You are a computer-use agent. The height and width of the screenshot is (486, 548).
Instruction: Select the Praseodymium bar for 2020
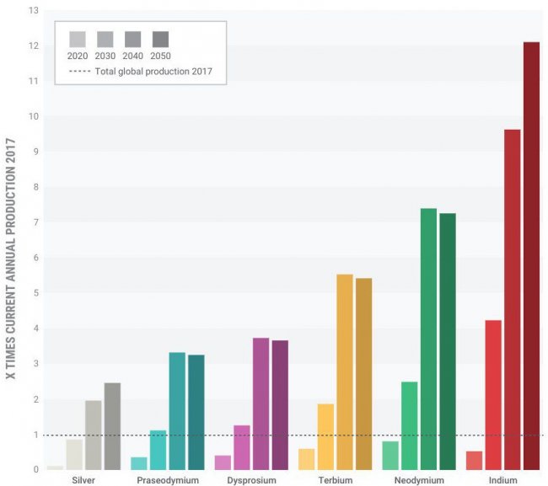[139, 463]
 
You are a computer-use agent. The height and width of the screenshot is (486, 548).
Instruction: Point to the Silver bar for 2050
[112, 426]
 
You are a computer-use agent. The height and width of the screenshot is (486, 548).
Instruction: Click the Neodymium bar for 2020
[390, 455]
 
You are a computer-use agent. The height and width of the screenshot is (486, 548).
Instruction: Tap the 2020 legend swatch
[77, 39]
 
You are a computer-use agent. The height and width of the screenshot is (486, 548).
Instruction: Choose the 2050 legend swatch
[160, 39]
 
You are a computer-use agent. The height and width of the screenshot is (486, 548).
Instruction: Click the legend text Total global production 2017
[153, 72]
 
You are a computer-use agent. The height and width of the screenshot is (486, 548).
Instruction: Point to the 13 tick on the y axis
[33, 11]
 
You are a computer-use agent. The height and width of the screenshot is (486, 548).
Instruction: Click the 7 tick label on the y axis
[35, 222]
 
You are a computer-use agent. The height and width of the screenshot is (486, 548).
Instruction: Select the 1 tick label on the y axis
[35, 435]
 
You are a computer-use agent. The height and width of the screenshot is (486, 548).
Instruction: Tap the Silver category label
[83, 480]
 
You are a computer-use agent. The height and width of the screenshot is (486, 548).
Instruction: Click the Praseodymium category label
[168, 480]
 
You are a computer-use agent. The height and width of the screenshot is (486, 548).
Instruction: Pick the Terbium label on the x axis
[335, 480]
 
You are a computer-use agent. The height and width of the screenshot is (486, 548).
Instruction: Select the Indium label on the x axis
[502, 480]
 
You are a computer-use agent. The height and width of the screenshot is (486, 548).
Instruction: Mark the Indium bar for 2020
[474, 461]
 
